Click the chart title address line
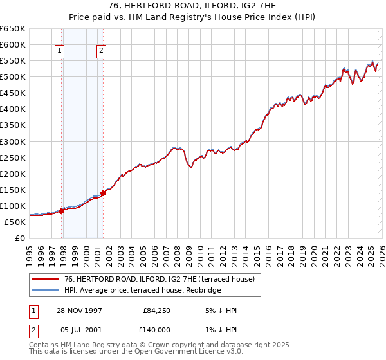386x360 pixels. pyautogui.click(x=192, y=6)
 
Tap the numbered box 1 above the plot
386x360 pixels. pyautogui.click(x=59, y=51)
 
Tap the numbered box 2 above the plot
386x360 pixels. pyautogui.click(x=102, y=51)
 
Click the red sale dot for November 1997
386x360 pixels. pyautogui.click(x=62, y=210)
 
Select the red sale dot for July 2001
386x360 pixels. pyautogui.click(x=103, y=192)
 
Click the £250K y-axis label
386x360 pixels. pyautogui.click(x=13, y=157)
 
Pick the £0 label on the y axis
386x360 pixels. pyautogui.click(x=19, y=238)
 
